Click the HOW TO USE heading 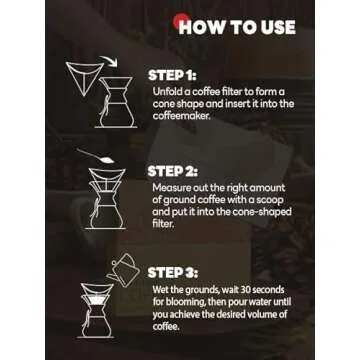point(237,27)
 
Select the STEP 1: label point(172,75)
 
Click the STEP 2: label point(173,171)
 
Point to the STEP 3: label point(173,273)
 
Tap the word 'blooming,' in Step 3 point(184,302)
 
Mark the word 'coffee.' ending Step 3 point(166,326)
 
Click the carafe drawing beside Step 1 point(116,102)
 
